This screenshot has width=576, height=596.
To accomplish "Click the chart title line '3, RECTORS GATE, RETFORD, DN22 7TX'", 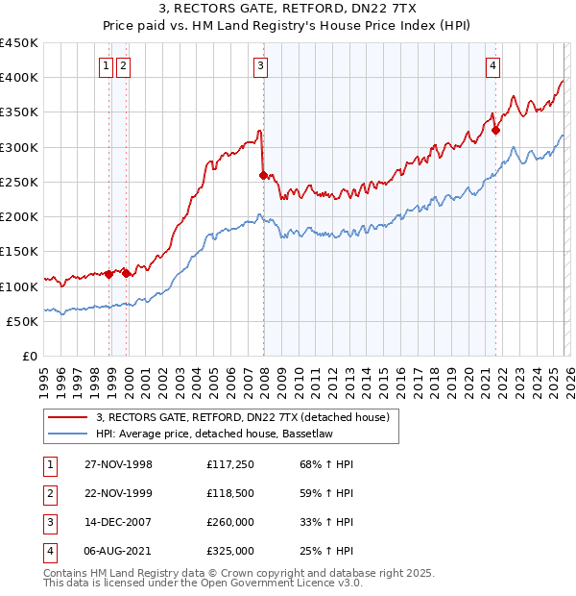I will pyautogui.click(x=288, y=11).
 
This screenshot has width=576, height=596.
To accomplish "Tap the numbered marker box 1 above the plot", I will pyautogui.click(x=108, y=65).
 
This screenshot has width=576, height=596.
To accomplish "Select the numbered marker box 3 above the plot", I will pyautogui.click(x=261, y=65).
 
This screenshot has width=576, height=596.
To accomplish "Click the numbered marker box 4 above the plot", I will pyautogui.click(x=492, y=65).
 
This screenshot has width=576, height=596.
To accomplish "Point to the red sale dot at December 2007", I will pyautogui.click(x=264, y=175).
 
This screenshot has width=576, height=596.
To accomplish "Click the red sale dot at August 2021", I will pyautogui.click(x=496, y=130).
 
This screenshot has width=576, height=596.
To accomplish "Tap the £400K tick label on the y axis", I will pyautogui.click(x=19, y=78).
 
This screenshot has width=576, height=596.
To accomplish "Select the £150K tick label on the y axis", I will pyautogui.click(x=19, y=252).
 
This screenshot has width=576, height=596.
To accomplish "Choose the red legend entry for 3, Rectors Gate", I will pyautogui.click(x=242, y=418).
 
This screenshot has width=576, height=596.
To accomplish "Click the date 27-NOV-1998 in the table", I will pyautogui.click(x=118, y=464).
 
